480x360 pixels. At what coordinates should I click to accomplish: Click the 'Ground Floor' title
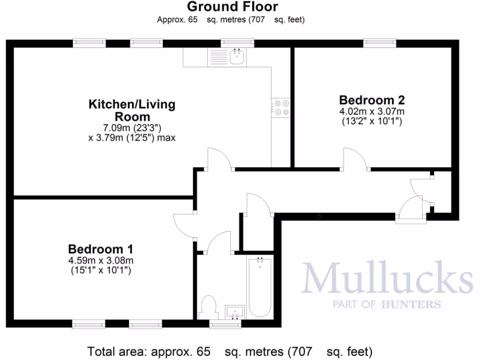[232, 7]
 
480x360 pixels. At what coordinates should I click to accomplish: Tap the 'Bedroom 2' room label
[372, 100]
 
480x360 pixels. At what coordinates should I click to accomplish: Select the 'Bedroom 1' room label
[101, 248]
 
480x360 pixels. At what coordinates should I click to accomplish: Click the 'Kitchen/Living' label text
[132, 104]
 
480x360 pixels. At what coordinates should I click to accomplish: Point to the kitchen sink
[238, 58]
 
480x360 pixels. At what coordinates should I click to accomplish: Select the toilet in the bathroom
[208, 308]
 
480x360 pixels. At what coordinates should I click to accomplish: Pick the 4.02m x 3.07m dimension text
[372, 112]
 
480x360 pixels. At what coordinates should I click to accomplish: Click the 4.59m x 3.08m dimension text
[100, 260]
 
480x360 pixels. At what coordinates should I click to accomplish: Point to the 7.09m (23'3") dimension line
[132, 127]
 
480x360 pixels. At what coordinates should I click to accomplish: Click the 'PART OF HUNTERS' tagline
[387, 305]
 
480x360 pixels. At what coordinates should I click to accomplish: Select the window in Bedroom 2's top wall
[380, 43]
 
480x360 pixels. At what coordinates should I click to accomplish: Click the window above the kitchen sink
[237, 43]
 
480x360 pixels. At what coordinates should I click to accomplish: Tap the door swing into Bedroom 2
[355, 158]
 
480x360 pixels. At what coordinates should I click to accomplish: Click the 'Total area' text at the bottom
[230, 351]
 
